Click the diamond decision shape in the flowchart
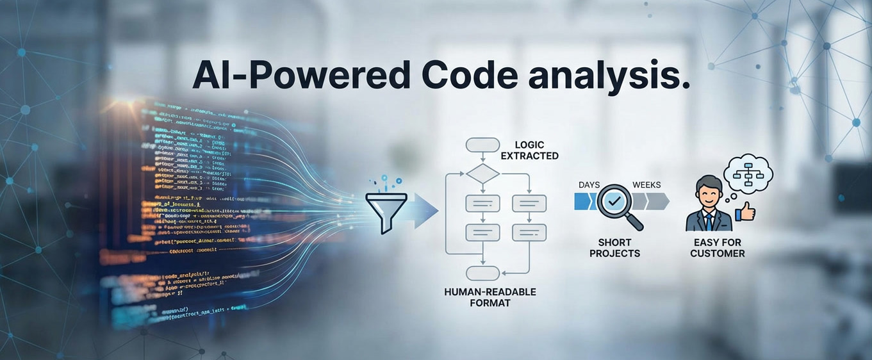[482, 173]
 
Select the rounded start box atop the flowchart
[482, 145]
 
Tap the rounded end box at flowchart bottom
[482, 274]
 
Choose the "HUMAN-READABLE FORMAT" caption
[490, 297]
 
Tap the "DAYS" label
[589, 185]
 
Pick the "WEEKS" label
[646, 185]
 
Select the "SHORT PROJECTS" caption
[614, 248]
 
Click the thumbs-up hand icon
[746, 211]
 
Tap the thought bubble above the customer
[748, 172]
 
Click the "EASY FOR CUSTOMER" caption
[718, 248]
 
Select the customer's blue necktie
[709, 219]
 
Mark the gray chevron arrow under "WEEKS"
[655, 202]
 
